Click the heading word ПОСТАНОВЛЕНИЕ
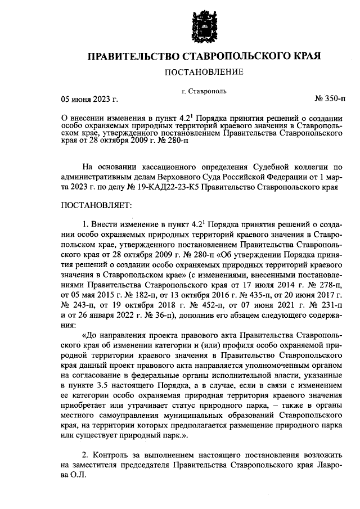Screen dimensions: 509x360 203,72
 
